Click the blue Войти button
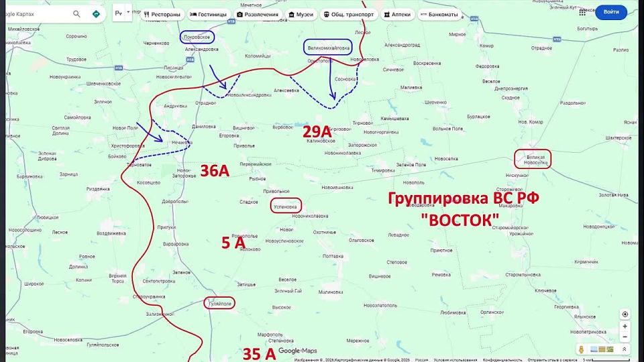click(x=611, y=12)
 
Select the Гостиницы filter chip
click(x=208, y=13)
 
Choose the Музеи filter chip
click(x=301, y=13)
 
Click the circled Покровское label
click(x=198, y=39)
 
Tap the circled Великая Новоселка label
click(x=533, y=159)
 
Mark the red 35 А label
click(x=259, y=353)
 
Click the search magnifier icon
click(x=76, y=13)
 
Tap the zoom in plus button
click(x=625, y=326)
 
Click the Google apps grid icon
click(x=582, y=12)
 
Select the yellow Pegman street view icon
click(x=581, y=349)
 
